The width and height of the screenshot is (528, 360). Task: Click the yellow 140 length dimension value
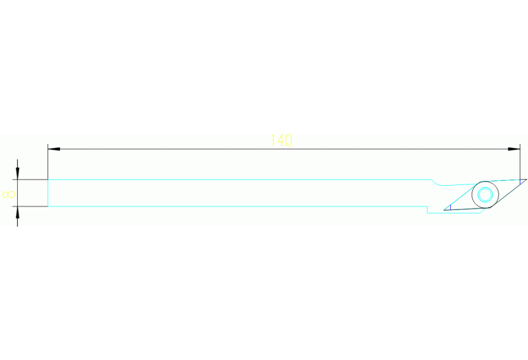point(282,140)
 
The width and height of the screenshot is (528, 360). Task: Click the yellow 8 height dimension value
point(8,195)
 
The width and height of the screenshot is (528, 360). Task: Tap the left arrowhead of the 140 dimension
point(54,149)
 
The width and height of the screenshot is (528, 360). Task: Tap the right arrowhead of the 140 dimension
point(514,149)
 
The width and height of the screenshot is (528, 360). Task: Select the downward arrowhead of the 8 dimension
point(17,173)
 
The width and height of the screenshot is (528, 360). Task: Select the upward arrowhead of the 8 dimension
point(17,212)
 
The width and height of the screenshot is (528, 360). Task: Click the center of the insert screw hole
point(485,195)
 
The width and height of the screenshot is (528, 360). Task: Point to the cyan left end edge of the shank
point(47,193)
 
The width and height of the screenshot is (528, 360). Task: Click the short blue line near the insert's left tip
point(450,207)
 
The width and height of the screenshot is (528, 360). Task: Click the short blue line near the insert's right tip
point(520,182)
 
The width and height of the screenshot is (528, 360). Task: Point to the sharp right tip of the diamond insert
point(527,179)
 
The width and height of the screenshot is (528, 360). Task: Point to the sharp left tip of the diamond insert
point(444,210)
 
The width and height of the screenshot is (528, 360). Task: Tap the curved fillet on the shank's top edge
point(437,184)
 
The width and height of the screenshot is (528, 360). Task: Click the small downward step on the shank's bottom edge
point(427,209)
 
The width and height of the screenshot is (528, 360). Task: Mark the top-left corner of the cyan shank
point(47,180)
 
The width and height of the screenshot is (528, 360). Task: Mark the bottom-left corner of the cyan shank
point(47,206)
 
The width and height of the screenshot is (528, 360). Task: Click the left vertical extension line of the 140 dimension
point(47,162)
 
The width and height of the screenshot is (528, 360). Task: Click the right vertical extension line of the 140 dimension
point(520,162)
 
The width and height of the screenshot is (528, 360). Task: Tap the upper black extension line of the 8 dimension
point(30,180)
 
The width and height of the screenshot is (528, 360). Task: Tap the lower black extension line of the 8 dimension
point(30,206)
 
